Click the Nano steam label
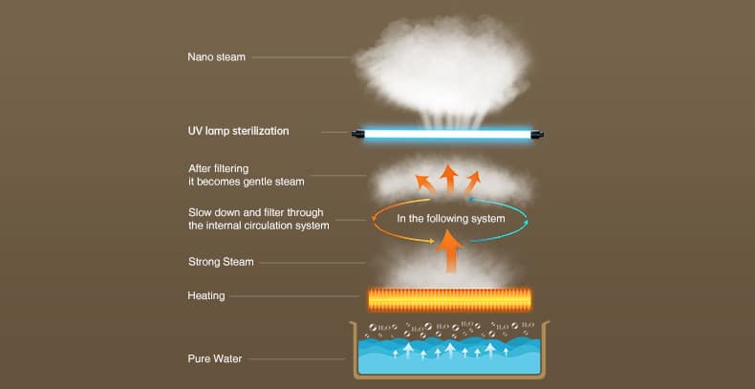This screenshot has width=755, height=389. (x=216, y=56)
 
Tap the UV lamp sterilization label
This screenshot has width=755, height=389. (x=238, y=131)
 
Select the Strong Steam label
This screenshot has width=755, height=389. (x=221, y=263)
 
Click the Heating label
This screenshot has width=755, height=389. (x=206, y=295)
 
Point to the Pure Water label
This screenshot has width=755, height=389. (x=215, y=358)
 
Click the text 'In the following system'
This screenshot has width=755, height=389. (x=451, y=219)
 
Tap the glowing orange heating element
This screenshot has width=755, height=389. (x=450, y=300)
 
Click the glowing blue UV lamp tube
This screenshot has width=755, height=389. (x=447, y=135)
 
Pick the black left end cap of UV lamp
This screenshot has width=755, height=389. (x=357, y=135)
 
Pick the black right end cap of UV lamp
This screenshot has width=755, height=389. (x=537, y=135)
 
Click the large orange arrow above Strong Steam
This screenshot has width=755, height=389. (x=450, y=251)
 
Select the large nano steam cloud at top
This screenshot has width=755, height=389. (x=443, y=68)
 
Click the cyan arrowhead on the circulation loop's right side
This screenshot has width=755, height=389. (x=526, y=223)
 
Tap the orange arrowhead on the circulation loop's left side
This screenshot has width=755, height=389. (x=374, y=218)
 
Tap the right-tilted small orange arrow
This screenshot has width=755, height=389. (x=473, y=183)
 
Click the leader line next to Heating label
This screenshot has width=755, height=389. (x=294, y=296)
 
